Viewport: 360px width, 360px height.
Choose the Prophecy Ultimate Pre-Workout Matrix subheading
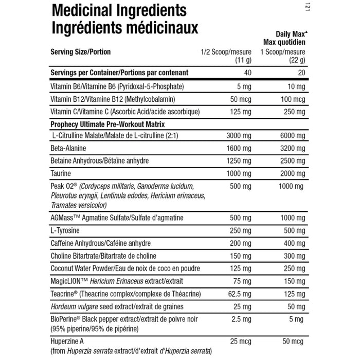tap(114, 124)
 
